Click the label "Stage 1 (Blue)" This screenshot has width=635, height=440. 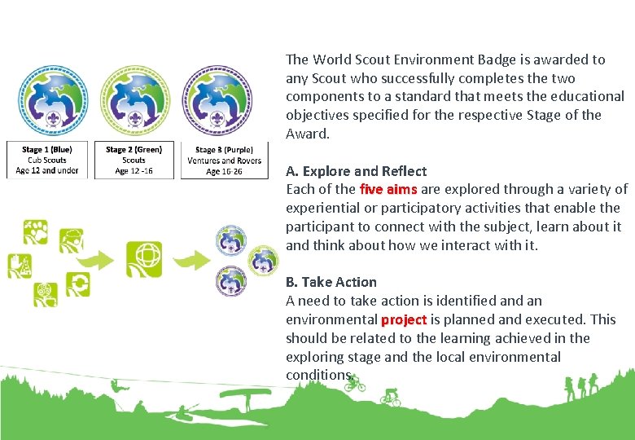pyautogui.click(x=47, y=150)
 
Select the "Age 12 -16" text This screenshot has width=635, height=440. pyautogui.click(x=134, y=171)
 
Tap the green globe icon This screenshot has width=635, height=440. pyautogui.click(x=143, y=259)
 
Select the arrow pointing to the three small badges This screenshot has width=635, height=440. pyautogui.click(x=190, y=260)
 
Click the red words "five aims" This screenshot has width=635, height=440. pyautogui.click(x=388, y=190)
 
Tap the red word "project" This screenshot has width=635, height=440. pyautogui.click(x=404, y=319)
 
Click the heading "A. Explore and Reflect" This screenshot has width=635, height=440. pyautogui.click(x=356, y=171)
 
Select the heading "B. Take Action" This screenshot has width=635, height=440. pyautogui.click(x=331, y=282)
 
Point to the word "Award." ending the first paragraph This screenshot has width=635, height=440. pyautogui.click(x=308, y=134)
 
